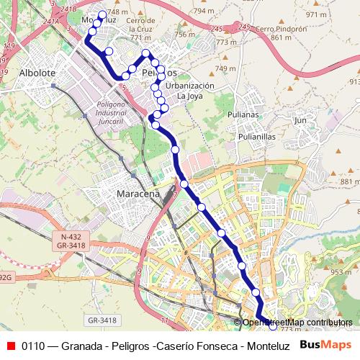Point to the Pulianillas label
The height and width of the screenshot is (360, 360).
click(x=249, y=135)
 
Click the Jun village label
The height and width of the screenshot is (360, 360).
click(x=300, y=120)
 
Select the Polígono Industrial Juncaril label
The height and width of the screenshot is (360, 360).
click(x=111, y=111)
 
